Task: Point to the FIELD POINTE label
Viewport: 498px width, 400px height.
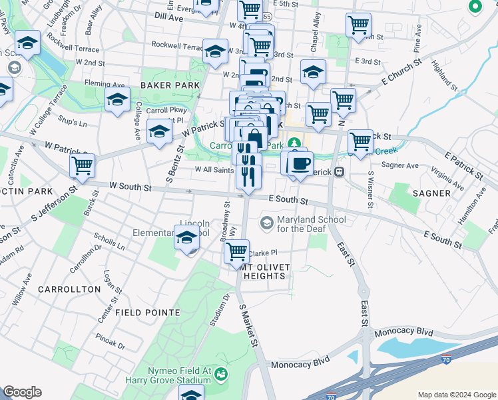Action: [x=148, y=312]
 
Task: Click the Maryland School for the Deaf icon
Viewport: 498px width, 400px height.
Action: [x=267, y=222]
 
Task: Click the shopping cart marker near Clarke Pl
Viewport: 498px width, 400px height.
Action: [x=236, y=252]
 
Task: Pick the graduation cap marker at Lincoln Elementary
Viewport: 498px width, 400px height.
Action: [x=187, y=237]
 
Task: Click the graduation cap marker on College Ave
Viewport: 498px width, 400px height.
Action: [x=118, y=100]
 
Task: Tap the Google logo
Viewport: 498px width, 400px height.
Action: [x=22, y=392]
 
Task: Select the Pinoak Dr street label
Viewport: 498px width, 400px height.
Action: [x=111, y=345]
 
